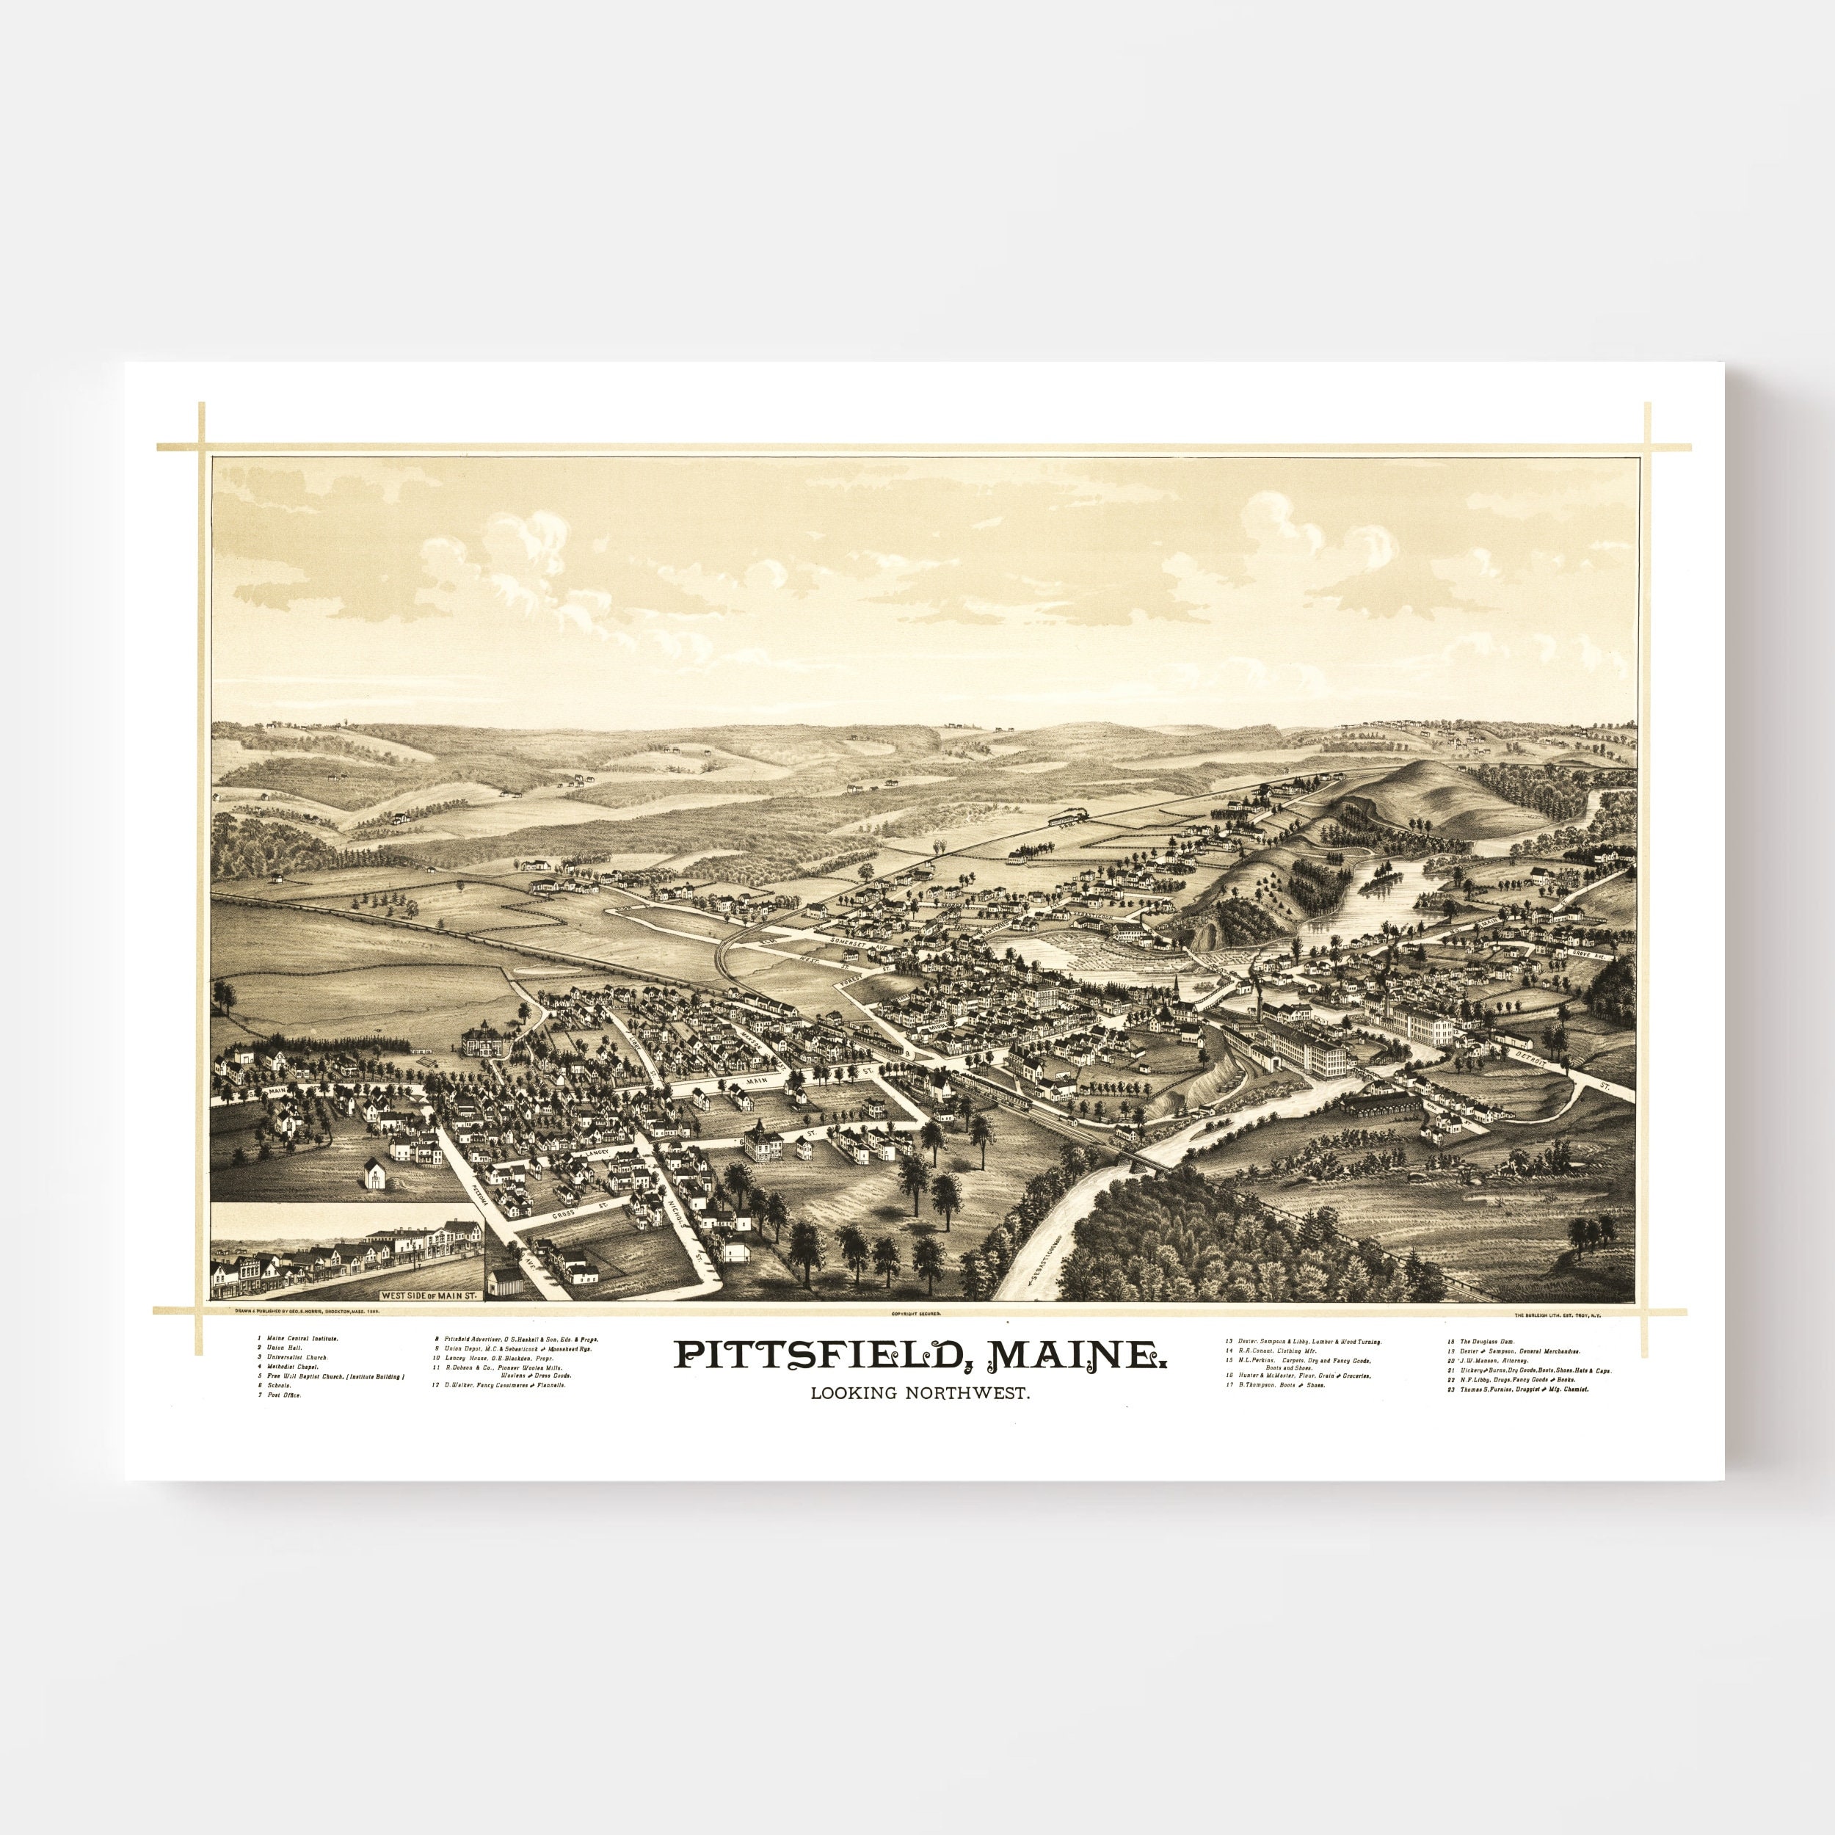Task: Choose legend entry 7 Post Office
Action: pos(283,1395)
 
